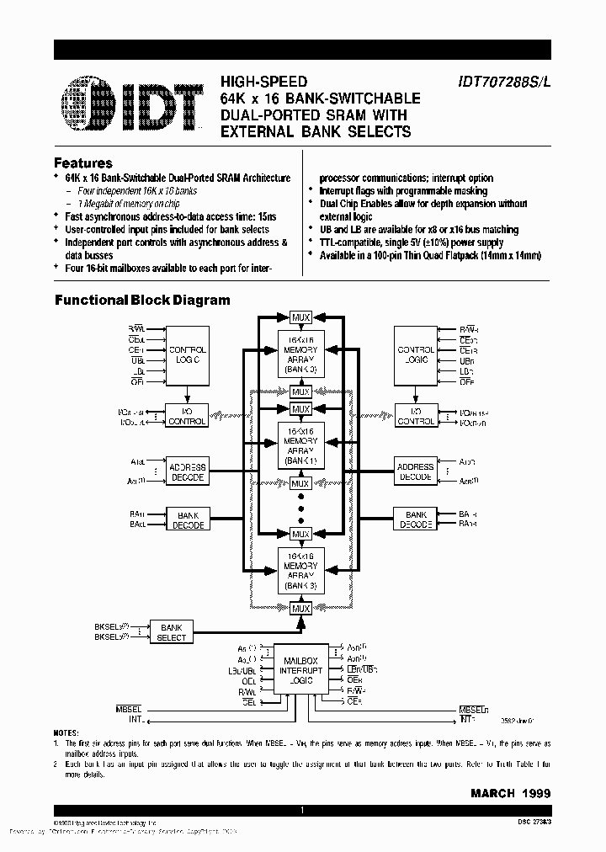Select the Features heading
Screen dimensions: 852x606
coord(82,163)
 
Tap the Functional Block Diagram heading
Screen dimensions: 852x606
coord(142,300)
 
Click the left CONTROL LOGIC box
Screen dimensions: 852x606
coord(187,354)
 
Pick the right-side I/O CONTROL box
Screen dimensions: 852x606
coord(416,416)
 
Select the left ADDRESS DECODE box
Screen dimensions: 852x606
coord(187,471)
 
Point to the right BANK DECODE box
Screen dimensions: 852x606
coord(416,519)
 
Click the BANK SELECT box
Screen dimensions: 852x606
coord(171,632)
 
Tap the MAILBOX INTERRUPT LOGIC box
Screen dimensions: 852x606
coord(300,669)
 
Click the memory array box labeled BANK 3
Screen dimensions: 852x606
coord(300,570)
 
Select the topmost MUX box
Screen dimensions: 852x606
coord(300,317)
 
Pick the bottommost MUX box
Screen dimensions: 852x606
coord(300,608)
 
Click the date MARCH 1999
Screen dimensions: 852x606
coord(511,793)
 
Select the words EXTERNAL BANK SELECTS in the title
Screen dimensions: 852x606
coord(316,131)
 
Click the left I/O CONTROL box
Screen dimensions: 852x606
coord(187,416)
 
